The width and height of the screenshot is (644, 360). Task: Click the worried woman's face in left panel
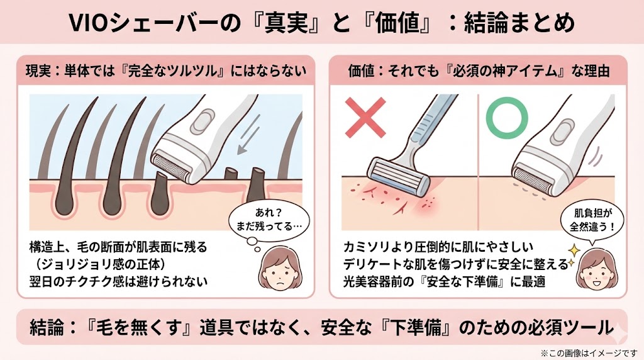tap(277, 267)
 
